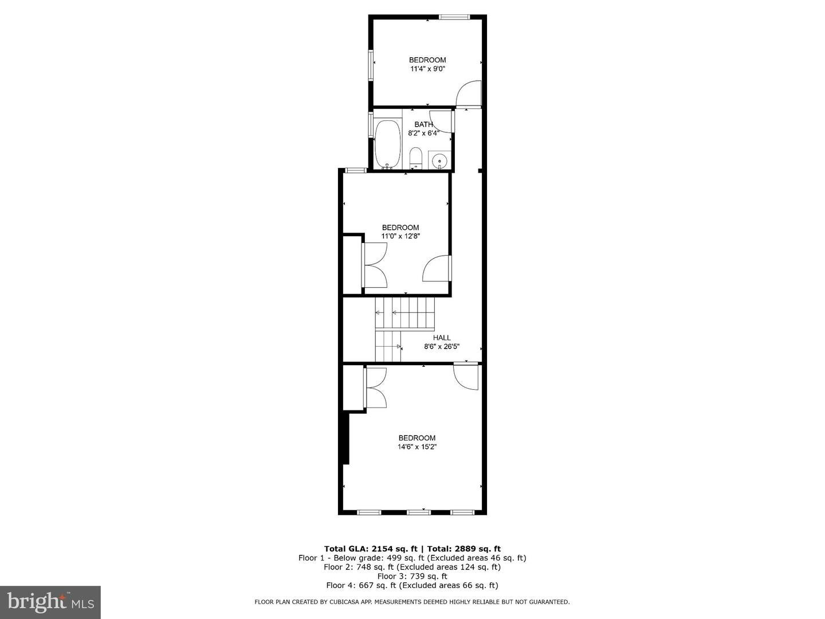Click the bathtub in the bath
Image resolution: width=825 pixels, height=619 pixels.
click(x=388, y=144)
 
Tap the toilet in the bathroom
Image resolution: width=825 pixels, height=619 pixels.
click(x=416, y=158)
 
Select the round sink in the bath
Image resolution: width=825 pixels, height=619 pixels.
click(x=440, y=160)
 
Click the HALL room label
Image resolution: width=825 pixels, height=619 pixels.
click(x=442, y=338)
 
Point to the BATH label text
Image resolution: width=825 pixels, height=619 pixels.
click(x=424, y=124)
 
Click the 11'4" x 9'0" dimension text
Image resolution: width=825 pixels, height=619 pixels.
click(x=427, y=69)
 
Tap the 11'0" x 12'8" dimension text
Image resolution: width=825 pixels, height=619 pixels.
click(x=400, y=236)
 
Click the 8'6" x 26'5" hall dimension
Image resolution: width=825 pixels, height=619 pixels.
click(x=442, y=346)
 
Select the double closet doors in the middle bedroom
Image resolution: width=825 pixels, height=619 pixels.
click(x=375, y=265)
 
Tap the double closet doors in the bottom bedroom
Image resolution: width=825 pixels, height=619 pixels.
click(x=376, y=387)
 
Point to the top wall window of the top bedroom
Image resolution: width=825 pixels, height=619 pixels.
click(x=454, y=17)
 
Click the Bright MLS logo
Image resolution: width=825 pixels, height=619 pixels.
click(x=50, y=602)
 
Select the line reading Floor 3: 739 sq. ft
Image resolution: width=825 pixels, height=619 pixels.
click(x=412, y=576)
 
